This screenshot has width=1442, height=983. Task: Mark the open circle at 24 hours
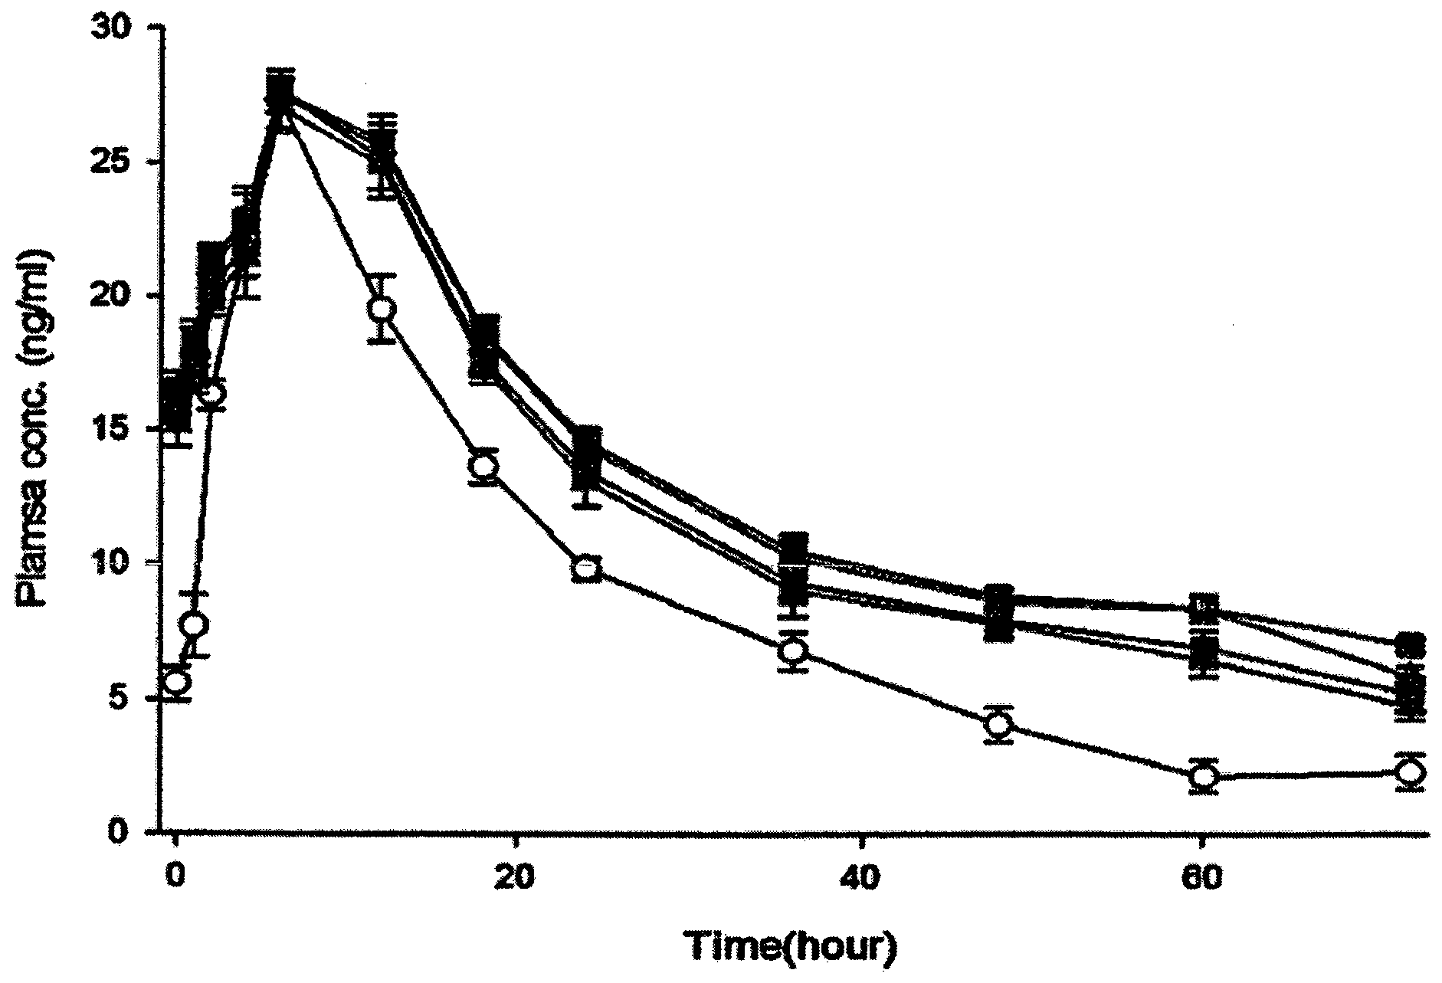(x=587, y=569)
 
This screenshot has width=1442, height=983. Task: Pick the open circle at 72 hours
(x=1410, y=772)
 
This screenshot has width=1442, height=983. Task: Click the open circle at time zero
(x=178, y=682)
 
